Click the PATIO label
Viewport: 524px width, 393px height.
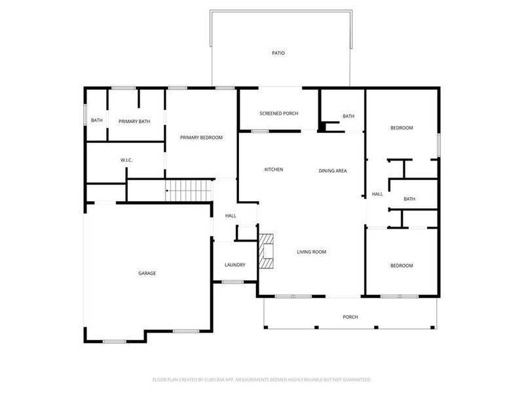click(278, 52)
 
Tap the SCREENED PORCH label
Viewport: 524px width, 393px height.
click(278, 113)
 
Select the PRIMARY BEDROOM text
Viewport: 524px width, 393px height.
click(202, 138)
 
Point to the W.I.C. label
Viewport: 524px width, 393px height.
click(127, 160)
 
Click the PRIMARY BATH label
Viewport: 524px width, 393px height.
click(134, 121)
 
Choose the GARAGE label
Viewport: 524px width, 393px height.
click(147, 273)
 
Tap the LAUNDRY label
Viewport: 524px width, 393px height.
click(234, 265)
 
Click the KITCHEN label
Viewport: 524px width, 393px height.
click(274, 170)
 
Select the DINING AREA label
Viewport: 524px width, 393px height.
click(333, 170)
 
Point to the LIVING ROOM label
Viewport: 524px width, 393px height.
click(311, 252)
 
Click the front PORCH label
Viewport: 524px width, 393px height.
click(350, 317)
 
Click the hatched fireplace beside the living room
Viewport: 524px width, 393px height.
click(267, 252)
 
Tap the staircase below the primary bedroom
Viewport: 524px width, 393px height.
click(189, 190)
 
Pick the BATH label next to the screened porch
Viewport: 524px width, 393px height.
click(348, 117)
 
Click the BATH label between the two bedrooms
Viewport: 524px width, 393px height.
click(409, 199)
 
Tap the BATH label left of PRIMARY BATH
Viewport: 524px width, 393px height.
click(96, 121)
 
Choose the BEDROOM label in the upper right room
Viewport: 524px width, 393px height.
click(402, 128)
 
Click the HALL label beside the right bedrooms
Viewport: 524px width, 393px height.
click(377, 194)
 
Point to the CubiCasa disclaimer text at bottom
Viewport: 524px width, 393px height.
click(262, 379)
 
